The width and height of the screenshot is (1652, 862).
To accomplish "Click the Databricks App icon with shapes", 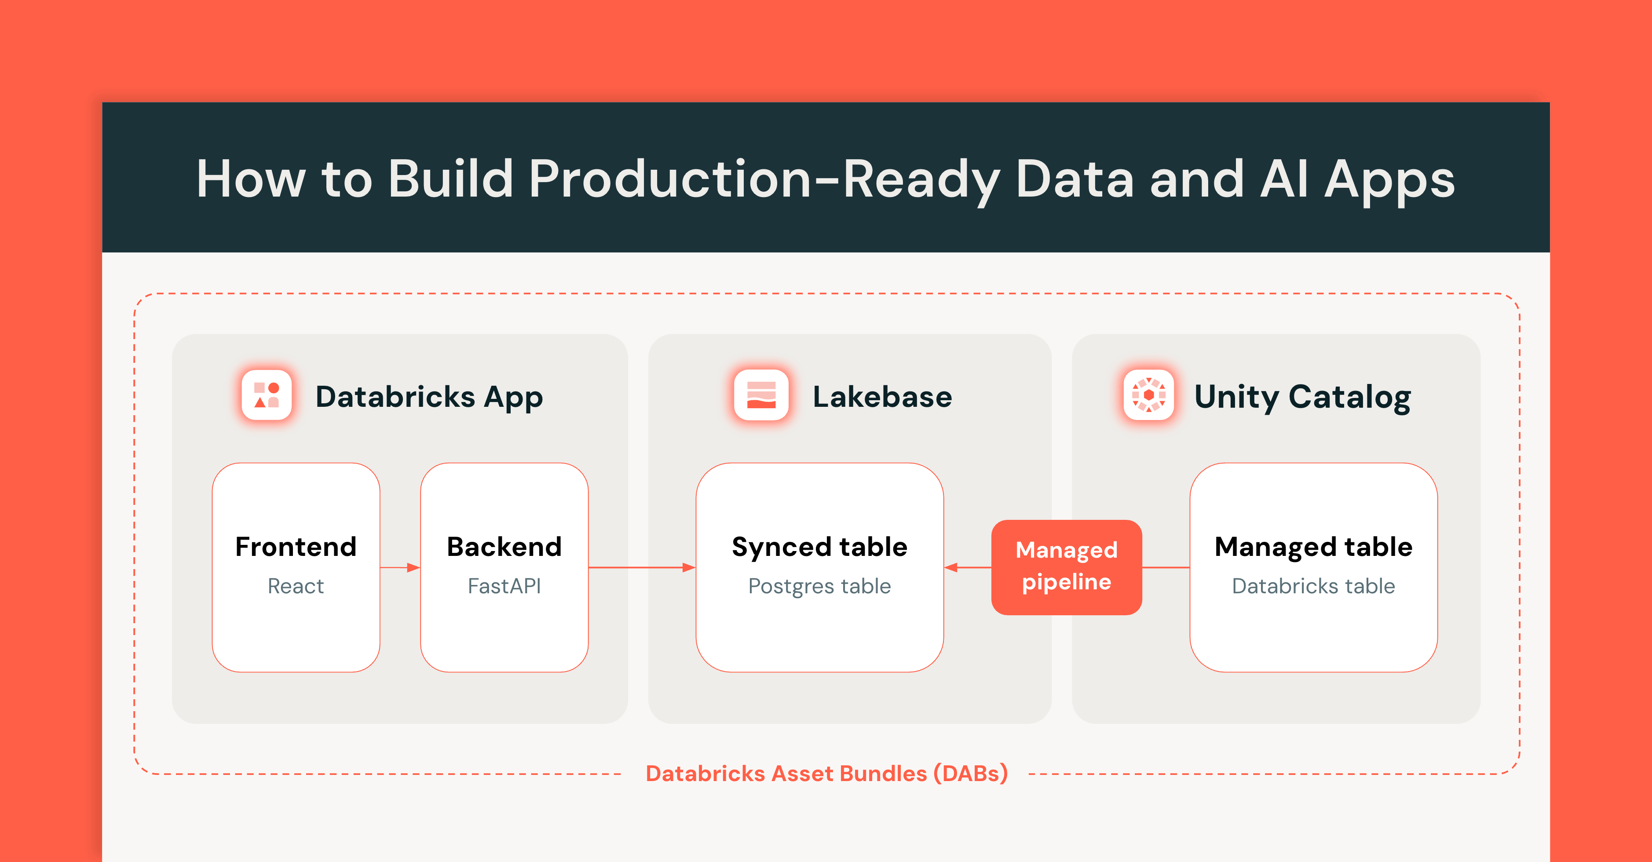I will coord(266,395).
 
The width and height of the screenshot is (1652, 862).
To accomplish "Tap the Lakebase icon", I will coord(761,395).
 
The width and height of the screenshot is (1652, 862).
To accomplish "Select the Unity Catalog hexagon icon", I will coord(1148,395).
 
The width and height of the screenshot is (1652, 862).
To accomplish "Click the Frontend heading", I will coord(296,546).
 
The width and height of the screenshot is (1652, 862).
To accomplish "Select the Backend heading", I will coord(504,546).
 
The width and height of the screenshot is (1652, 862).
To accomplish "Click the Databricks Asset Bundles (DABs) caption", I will coord(826,774).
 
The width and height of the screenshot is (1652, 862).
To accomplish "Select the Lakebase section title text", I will coord(882,396).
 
